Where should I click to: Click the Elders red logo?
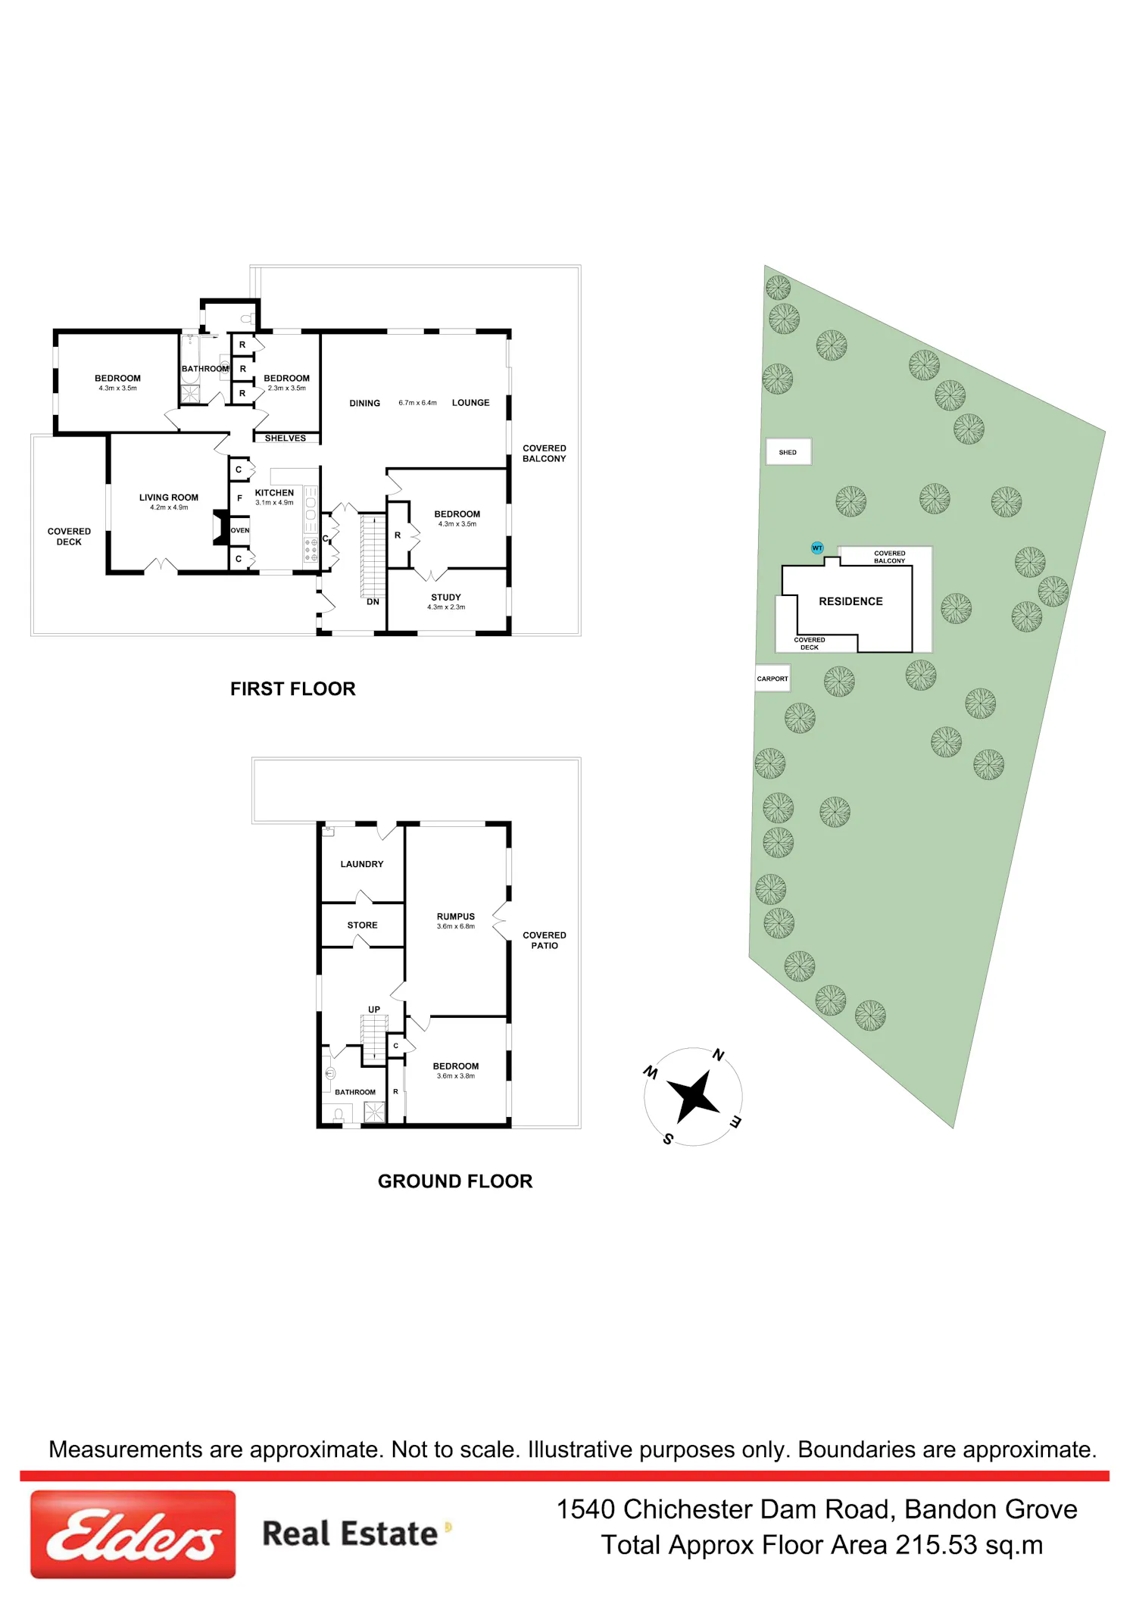click(x=133, y=1534)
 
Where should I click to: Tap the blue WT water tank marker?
click(x=817, y=548)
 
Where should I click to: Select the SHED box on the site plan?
click(x=788, y=452)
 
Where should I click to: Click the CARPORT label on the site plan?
click(x=772, y=679)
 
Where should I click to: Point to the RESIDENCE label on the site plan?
click(x=850, y=601)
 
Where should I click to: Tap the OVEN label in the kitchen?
click(x=240, y=530)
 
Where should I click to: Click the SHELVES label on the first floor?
click(x=286, y=438)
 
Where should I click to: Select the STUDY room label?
click(x=446, y=598)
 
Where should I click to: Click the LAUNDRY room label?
click(x=362, y=864)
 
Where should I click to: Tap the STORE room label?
click(x=362, y=925)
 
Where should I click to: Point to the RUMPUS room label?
click(x=456, y=916)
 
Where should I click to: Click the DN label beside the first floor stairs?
click(x=373, y=602)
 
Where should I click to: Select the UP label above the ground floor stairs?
click(x=374, y=1009)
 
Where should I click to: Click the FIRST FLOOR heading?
click(x=293, y=689)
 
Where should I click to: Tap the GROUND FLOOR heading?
click(x=455, y=1181)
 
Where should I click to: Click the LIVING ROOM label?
click(x=169, y=498)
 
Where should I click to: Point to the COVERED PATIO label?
click(x=545, y=941)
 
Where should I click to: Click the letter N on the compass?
click(x=719, y=1055)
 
